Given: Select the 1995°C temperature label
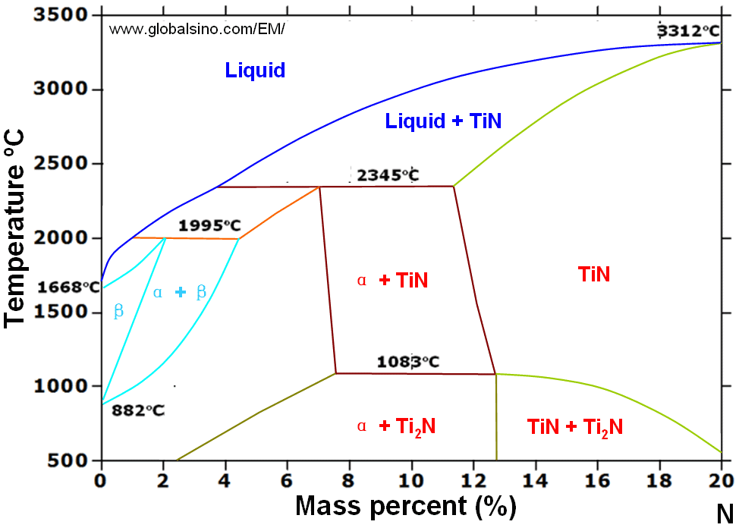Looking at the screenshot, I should pyautogui.click(x=209, y=225).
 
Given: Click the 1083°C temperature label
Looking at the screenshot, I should pyautogui.click(x=408, y=362).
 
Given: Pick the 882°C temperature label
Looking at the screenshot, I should pyautogui.click(x=138, y=410).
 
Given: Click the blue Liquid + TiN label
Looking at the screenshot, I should pyautogui.click(x=444, y=121).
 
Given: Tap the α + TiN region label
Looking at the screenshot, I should pyautogui.click(x=392, y=281).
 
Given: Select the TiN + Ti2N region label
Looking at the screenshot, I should pyautogui.click(x=574, y=427).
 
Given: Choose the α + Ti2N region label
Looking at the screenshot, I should pyautogui.click(x=395, y=426).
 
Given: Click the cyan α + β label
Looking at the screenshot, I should pyautogui.click(x=179, y=293).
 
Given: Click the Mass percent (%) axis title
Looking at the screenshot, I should pyautogui.click(x=405, y=504).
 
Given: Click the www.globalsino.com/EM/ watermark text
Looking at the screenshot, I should pyautogui.click(x=197, y=30).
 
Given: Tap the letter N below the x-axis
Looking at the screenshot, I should pyautogui.click(x=724, y=514).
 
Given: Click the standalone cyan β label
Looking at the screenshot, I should pyautogui.click(x=118, y=311).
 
